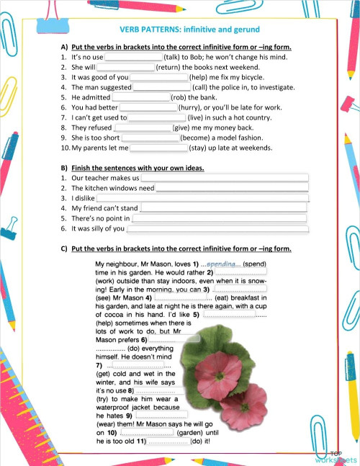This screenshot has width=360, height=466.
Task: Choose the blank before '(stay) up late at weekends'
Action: [x=158, y=148]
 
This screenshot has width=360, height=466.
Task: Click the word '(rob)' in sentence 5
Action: [x=179, y=97]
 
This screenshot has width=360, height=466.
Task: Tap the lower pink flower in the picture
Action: [x=243, y=405]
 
